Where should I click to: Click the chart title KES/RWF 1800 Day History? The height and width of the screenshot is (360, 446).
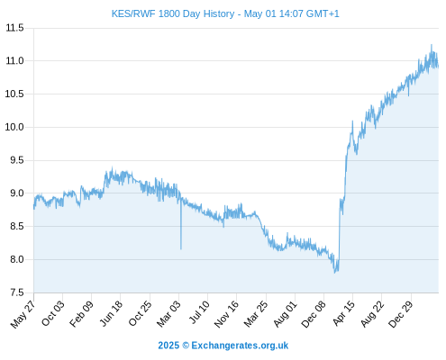pyautogui.click(x=173, y=13)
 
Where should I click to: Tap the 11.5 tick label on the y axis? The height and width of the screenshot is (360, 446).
pyautogui.click(x=14, y=28)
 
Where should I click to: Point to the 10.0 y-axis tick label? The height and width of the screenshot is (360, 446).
pyautogui.click(x=14, y=127)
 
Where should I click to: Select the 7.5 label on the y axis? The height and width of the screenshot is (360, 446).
pyautogui.click(x=17, y=292)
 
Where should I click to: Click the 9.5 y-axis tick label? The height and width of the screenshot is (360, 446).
pyautogui.click(x=17, y=160)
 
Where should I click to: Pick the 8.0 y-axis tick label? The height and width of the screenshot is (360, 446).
pyautogui.click(x=17, y=259)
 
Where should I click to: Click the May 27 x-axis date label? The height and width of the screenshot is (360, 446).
pyautogui.click(x=23, y=314)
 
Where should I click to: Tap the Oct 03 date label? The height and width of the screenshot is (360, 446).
pyautogui.click(x=53, y=313)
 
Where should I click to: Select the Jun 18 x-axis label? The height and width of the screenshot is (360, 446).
pyautogui.click(x=111, y=313)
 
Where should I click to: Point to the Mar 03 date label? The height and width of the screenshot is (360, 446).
pyautogui.click(x=168, y=313)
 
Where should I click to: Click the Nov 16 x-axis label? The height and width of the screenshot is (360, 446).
pyautogui.click(x=226, y=314)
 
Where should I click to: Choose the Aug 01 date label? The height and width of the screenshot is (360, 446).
pyautogui.click(x=286, y=314)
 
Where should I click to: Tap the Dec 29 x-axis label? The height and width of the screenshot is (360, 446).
pyautogui.click(x=401, y=314)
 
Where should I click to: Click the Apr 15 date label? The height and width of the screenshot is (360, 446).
pyautogui.click(x=344, y=313)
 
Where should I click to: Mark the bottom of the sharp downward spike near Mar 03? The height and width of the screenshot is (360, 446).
pyautogui.click(x=181, y=249)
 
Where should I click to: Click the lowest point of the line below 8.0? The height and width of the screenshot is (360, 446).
pyautogui.click(x=334, y=273)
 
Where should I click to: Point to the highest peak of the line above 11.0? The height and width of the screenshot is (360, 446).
pyautogui.click(x=432, y=44)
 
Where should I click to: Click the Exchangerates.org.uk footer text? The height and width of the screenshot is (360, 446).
pyautogui.click(x=240, y=346)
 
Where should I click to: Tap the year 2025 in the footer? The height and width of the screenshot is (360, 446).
pyautogui.click(x=168, y=346)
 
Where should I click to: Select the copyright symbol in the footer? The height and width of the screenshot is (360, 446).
pyautogui.click(x=186, y=346)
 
